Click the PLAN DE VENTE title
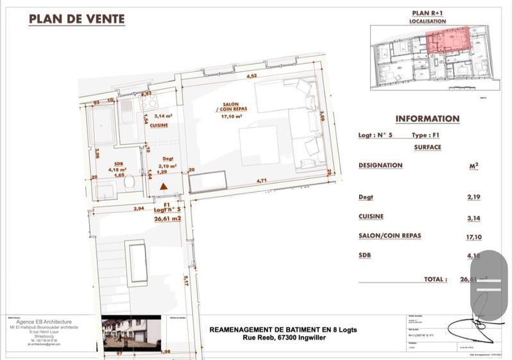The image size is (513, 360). point(77,19)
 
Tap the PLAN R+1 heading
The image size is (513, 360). point(428,13)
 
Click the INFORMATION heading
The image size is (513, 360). point(427,119)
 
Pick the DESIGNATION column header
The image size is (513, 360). point(380,166)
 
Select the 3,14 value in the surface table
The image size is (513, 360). point(475,218)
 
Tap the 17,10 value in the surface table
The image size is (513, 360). point(474,237)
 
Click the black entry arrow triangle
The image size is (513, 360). point(164,187)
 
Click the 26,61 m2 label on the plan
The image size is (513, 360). point(167,217)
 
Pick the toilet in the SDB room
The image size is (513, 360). point(129,183)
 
